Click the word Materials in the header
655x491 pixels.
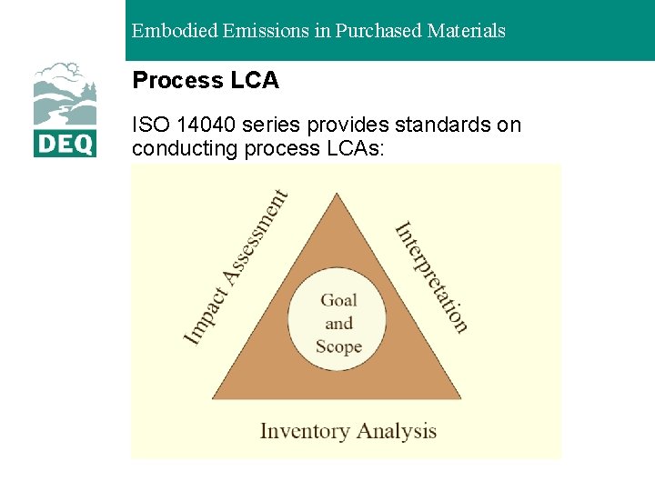click(x=465, y=31)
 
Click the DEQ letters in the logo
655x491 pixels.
click(x=65, y=144)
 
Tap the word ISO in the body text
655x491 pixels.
click(x=150, y=125)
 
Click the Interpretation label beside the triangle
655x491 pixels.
click(x=431, y=276)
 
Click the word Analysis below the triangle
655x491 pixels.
click(x=398, y=430)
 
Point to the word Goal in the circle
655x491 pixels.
click(x=338, y=300)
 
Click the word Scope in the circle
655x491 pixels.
click(x=338, y=346)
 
